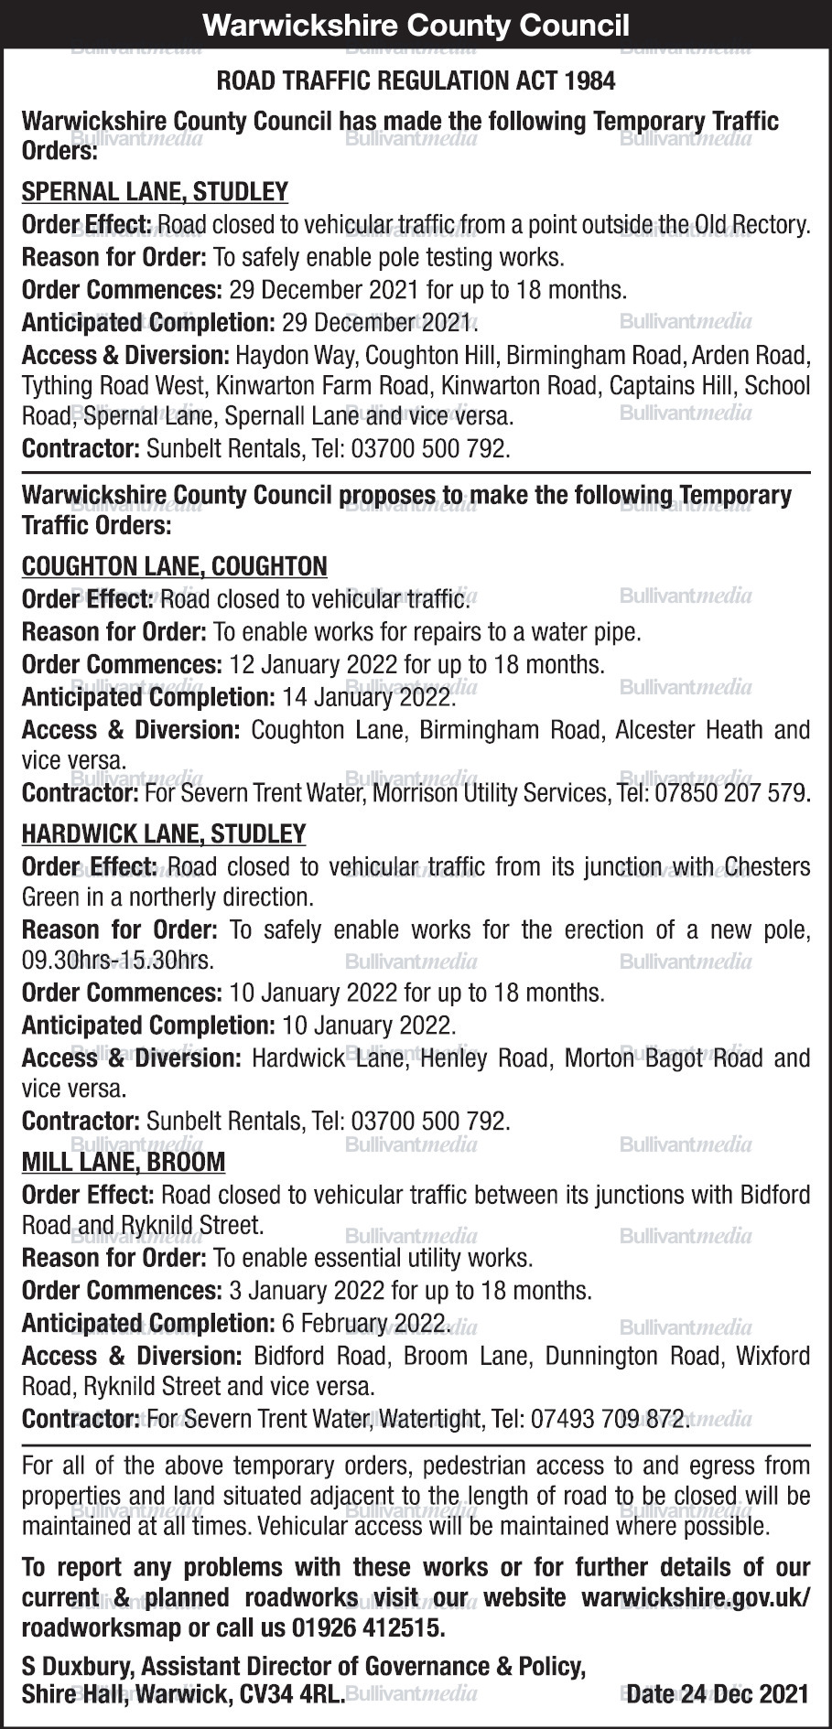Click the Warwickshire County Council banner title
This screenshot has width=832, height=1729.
[416, 25]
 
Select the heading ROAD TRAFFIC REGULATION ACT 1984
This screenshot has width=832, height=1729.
[416, 81]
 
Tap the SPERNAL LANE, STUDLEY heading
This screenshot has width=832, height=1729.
[155, 192]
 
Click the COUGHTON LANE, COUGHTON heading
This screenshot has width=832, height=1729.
[174, 566]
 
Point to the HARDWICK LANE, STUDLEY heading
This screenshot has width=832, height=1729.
[164, 834]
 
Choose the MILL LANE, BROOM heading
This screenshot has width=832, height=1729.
[124, 1162]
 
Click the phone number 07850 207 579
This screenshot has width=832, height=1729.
[732, 793]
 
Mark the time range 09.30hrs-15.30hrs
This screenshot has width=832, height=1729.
[117, 961]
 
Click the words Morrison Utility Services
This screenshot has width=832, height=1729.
[490, 793]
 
